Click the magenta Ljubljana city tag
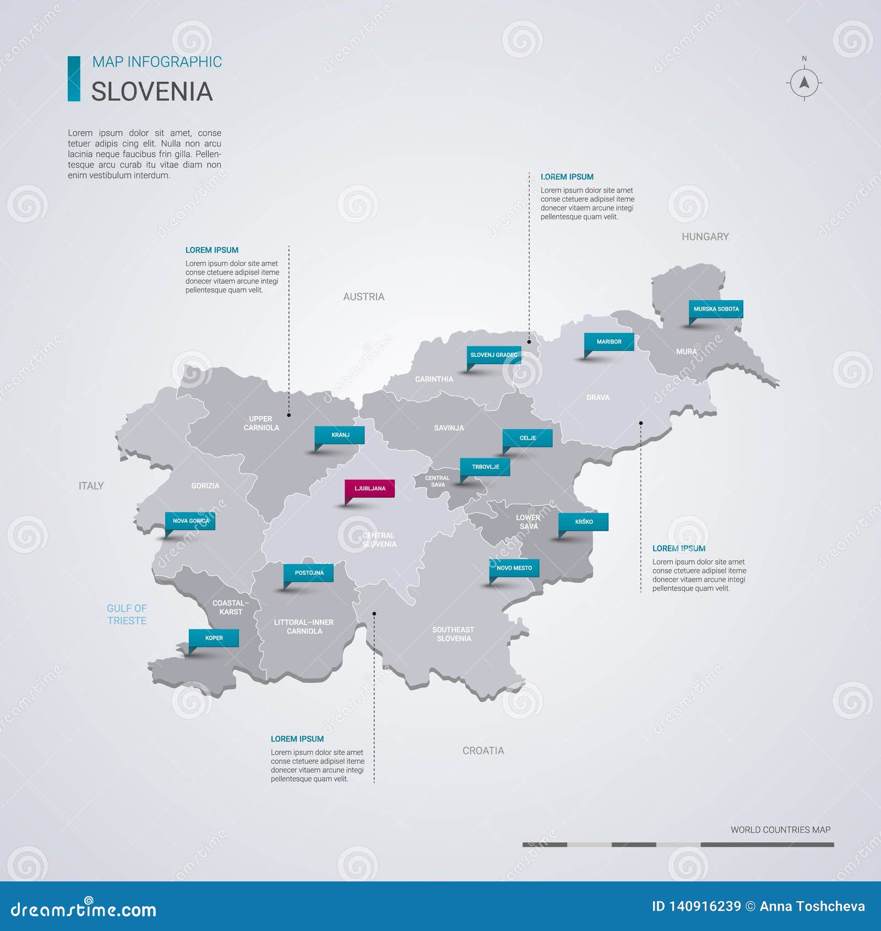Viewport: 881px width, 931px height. (369, 489)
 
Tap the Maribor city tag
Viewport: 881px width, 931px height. (609, 342)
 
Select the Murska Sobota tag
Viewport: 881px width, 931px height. (716, 309)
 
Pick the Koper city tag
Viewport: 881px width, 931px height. (214, 638)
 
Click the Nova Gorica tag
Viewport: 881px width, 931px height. (191, 521)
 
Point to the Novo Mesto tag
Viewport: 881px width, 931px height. (514, 568)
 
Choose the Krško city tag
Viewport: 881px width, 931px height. (584, 522)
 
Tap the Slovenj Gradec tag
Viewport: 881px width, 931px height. (494, 355)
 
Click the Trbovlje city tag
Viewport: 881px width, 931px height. (485, 467)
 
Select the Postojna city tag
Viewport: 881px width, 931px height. (309, 573)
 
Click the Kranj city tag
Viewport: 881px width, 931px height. (340, 435)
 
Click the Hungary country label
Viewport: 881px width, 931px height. (705, 237)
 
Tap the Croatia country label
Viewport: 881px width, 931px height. (483, 751)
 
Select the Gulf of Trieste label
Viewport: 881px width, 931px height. (127, 614)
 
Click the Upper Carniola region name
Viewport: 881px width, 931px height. (261, 423)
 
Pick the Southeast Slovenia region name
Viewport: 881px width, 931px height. (453, 634)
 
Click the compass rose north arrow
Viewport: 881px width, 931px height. (804, 83)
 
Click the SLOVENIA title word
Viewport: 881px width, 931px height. (151, 91)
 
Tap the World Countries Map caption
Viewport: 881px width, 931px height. (780, 830)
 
